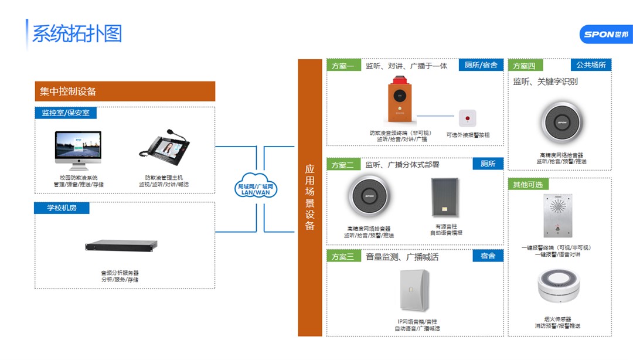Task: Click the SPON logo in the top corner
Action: (605, 34)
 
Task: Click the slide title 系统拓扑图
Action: (77, 33)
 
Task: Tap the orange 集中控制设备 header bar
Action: (125, 91)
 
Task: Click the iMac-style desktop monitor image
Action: (78, 150)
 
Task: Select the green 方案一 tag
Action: (343, 66)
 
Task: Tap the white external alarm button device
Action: (467, 119)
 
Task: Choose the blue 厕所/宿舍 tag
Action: (481, 65)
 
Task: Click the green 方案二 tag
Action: (343, 165)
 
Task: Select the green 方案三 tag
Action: (343, 257)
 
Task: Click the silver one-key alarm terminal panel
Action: (557, 216)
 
